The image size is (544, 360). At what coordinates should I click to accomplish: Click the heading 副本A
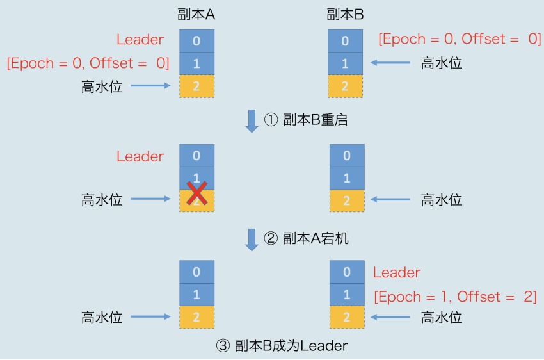click(196, 15)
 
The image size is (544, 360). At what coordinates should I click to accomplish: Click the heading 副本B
click(345, 15)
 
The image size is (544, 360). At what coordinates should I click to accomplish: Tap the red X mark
click(196, 193)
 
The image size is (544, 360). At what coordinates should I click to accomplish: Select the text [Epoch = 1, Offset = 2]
click(455, 297)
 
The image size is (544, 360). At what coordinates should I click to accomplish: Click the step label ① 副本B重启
click(306, 119)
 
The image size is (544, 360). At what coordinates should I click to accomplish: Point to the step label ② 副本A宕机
click(306, 239)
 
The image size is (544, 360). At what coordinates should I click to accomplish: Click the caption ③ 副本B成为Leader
click(282, 346)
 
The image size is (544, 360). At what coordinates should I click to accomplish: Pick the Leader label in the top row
click(140, 39)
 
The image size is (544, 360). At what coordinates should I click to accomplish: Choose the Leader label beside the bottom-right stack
click(397, 273)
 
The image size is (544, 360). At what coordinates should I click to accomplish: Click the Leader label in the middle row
click(140, 156)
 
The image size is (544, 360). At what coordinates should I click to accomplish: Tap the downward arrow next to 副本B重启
click(252, 120)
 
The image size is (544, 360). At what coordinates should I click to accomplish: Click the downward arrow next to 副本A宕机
click(252, 239)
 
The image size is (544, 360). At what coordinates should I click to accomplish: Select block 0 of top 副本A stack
click(196, 41)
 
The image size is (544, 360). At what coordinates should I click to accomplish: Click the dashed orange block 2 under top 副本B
click(345, 86)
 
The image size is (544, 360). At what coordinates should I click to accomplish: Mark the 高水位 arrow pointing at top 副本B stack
click(391, 63)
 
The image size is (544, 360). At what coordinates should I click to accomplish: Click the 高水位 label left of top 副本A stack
click(102, 86)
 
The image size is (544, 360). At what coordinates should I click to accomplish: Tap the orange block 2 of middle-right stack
click(346, 200)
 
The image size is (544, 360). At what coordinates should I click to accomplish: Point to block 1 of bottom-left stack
click(196, 295)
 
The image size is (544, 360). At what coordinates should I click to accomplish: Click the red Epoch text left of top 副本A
click(88, 63)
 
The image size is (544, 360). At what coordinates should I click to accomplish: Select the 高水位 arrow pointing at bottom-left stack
click(152, 317)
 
